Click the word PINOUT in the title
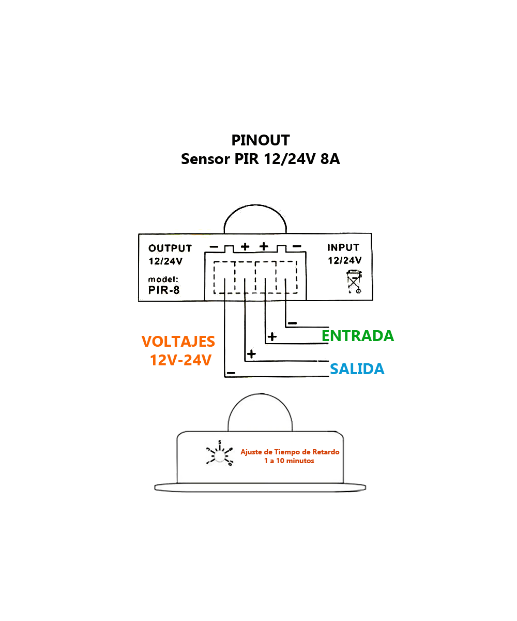click(x=261, y=140)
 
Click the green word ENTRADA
click(x=358, y=336)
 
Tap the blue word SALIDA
click(x=357, y=369)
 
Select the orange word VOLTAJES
click(x=178, y=342)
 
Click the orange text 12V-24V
click(x=180, y=360)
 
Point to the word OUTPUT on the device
click(x=170, y=248)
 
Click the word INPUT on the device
click(x=343, y=248)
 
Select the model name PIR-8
click(x=164, y=290)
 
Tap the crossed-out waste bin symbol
click(x=354, y=282)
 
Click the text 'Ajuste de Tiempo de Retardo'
click(x=290, y=452)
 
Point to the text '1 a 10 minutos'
click(x=289, y=461)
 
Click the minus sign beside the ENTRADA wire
click(x=292, y=323)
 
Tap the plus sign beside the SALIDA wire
click(x=251, y=354)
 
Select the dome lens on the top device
click(x=255, y=220)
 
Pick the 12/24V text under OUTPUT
click(x=165, y=262)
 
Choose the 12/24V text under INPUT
click(x=344, y=260)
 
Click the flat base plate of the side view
click(x=261, y=487)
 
